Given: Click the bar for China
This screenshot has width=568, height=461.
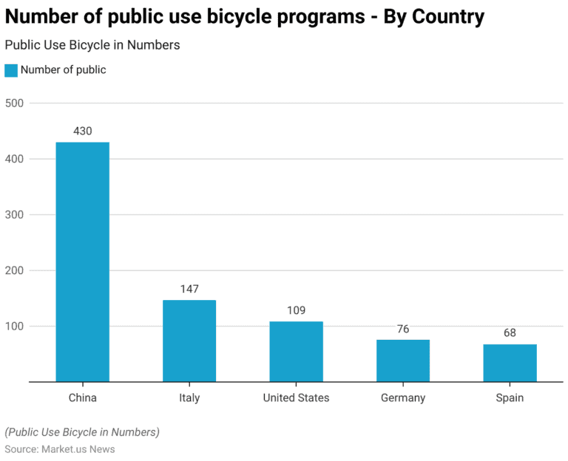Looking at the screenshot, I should (83, 262).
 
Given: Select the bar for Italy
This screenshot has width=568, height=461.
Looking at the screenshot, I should (189, 341).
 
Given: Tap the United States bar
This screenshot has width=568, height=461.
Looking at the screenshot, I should (296, 351).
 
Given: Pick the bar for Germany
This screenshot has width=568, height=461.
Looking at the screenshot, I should (403, 361).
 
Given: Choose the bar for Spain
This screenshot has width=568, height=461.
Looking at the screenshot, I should (510, 363).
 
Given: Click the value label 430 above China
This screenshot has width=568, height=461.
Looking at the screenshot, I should (83, 131).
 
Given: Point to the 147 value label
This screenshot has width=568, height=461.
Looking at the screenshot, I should (189, 289).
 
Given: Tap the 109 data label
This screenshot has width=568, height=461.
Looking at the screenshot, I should (296, 310).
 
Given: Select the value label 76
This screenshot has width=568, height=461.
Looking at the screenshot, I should (403, 329).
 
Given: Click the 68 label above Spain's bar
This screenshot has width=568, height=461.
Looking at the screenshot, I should (510, 333).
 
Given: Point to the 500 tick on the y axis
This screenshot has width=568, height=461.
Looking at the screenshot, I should (15, 103).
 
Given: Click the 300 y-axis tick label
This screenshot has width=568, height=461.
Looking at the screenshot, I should (15, 215).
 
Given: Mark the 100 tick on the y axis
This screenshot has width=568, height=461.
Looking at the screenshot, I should (15, 327).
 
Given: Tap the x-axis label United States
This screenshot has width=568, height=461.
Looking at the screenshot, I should (296, 398).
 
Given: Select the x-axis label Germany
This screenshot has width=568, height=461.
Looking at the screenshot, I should (403, 398).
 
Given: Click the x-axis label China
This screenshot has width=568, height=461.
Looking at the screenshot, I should (83, 398).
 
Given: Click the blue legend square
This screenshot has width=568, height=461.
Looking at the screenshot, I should (11, 70).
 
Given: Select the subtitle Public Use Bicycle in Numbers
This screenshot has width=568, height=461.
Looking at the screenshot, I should (92, 45).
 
